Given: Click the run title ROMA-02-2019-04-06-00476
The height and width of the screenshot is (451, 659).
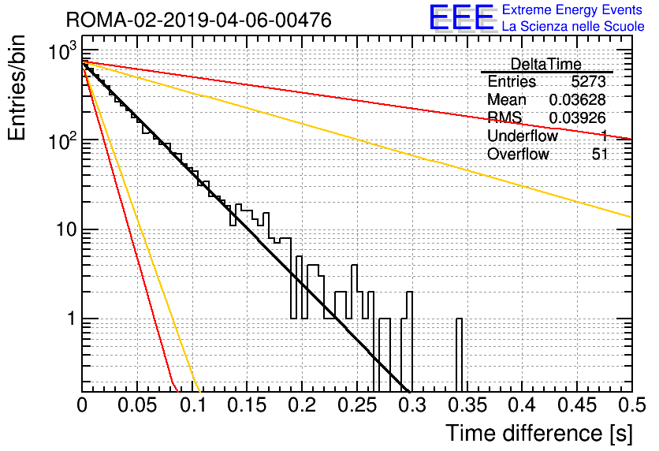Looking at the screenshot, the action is click(199, 20).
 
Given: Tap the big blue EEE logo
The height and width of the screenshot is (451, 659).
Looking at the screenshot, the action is click(461, 17).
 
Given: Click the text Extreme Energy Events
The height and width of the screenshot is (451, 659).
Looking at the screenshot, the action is click(572, 9).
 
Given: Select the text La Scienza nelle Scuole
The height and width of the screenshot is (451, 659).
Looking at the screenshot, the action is click(573, 26).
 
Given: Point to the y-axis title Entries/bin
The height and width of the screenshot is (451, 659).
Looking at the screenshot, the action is click(17, 88).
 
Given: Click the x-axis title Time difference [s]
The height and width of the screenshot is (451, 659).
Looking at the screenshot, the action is click(539, 433).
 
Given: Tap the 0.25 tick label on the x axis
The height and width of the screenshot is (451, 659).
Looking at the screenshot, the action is click(357, 405).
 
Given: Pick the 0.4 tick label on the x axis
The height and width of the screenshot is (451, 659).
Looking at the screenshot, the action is click(522, 405).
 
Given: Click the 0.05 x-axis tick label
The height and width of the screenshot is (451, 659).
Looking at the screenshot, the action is click(137, 405).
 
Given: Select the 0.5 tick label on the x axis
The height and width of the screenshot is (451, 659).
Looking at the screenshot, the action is click(631, 405).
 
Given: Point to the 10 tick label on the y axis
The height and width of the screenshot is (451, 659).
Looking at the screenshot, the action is click(66, 229).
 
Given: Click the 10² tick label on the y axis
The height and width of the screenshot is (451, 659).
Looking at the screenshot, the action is click(62, 140).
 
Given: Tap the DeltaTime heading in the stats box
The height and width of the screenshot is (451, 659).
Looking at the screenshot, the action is click(545, 64).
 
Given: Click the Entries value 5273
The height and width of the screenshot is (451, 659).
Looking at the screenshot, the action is click(588, 81).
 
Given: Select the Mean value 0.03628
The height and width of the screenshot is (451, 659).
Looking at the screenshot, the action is click(577, 99).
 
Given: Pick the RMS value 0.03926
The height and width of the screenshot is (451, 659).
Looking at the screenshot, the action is click(577, 118).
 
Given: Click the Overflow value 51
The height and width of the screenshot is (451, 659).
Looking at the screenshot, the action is click(600, 154).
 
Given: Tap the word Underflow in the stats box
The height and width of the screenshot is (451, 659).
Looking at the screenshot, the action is click(523, 136).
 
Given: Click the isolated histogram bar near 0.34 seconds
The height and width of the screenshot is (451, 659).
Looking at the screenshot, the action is click(459, 355).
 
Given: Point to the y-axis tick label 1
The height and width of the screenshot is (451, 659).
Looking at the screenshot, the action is click(72, 319).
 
